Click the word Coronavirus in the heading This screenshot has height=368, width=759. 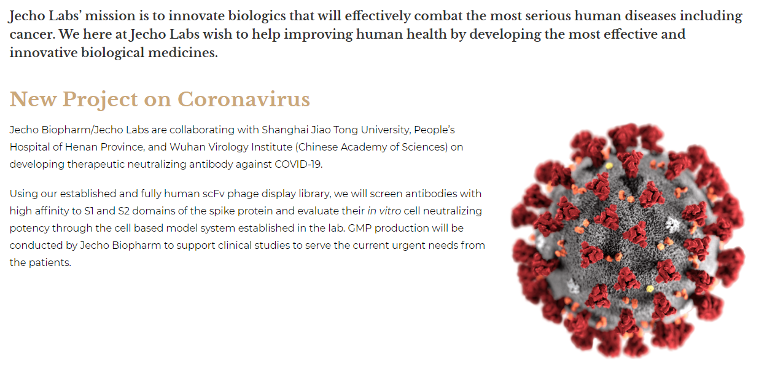pos(244,100)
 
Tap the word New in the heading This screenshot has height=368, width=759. pos(33,100)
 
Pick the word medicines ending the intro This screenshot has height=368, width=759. pos(183,52)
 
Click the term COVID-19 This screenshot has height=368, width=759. pos(298,165)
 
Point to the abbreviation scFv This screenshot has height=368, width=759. pos(214,194)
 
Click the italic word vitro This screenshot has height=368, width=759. pos(390,211)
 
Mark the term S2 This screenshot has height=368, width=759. pos(123,211)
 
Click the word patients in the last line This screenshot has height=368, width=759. pos(50,263)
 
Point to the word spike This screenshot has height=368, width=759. pos(222,211)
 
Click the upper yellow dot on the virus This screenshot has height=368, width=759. pos(609,166)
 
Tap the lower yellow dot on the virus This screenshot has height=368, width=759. pos(650,289)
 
